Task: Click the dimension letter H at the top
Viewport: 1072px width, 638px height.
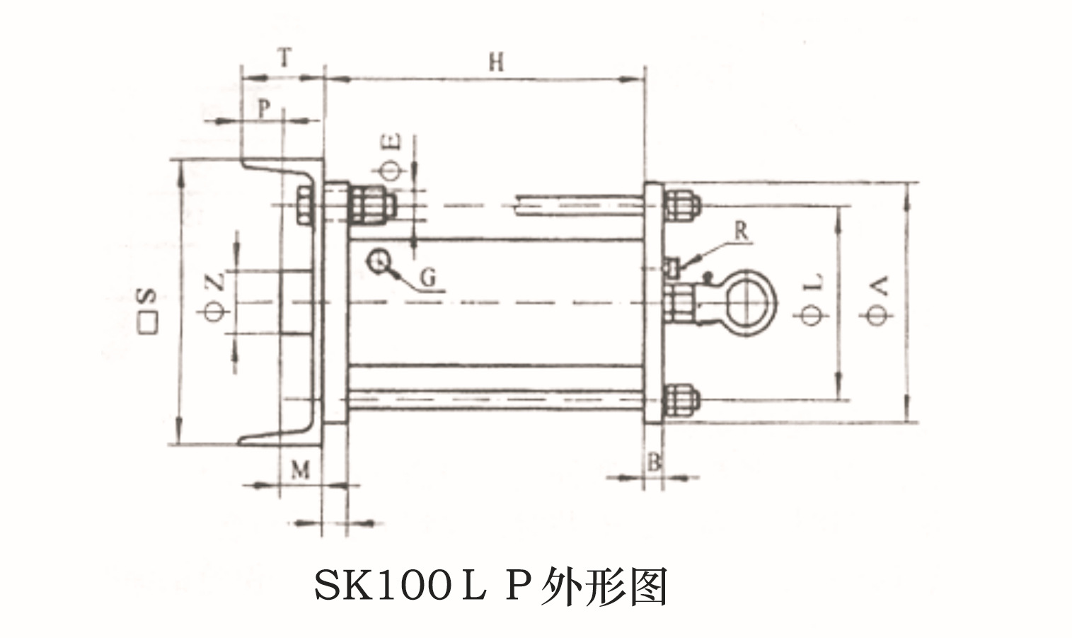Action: (x=495, y=62)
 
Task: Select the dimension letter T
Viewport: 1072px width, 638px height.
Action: (x=284, y=59)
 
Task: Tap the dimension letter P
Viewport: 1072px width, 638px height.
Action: (x=263, y=109)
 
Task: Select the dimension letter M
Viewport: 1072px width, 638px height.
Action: (x=301, y=470)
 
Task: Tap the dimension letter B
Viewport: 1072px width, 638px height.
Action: (x=655, y=463)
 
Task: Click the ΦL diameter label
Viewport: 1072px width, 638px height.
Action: (x=814, y=300)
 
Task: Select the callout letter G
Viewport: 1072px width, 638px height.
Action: (x=428, y=278)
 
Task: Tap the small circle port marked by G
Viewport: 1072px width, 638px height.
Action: (x=378, y=261)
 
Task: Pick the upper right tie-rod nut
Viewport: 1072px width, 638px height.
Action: (x=681, y=203)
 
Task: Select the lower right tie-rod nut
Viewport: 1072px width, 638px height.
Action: (x=681, y=401)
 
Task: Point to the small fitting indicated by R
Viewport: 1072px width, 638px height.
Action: (x=673, y=267)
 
